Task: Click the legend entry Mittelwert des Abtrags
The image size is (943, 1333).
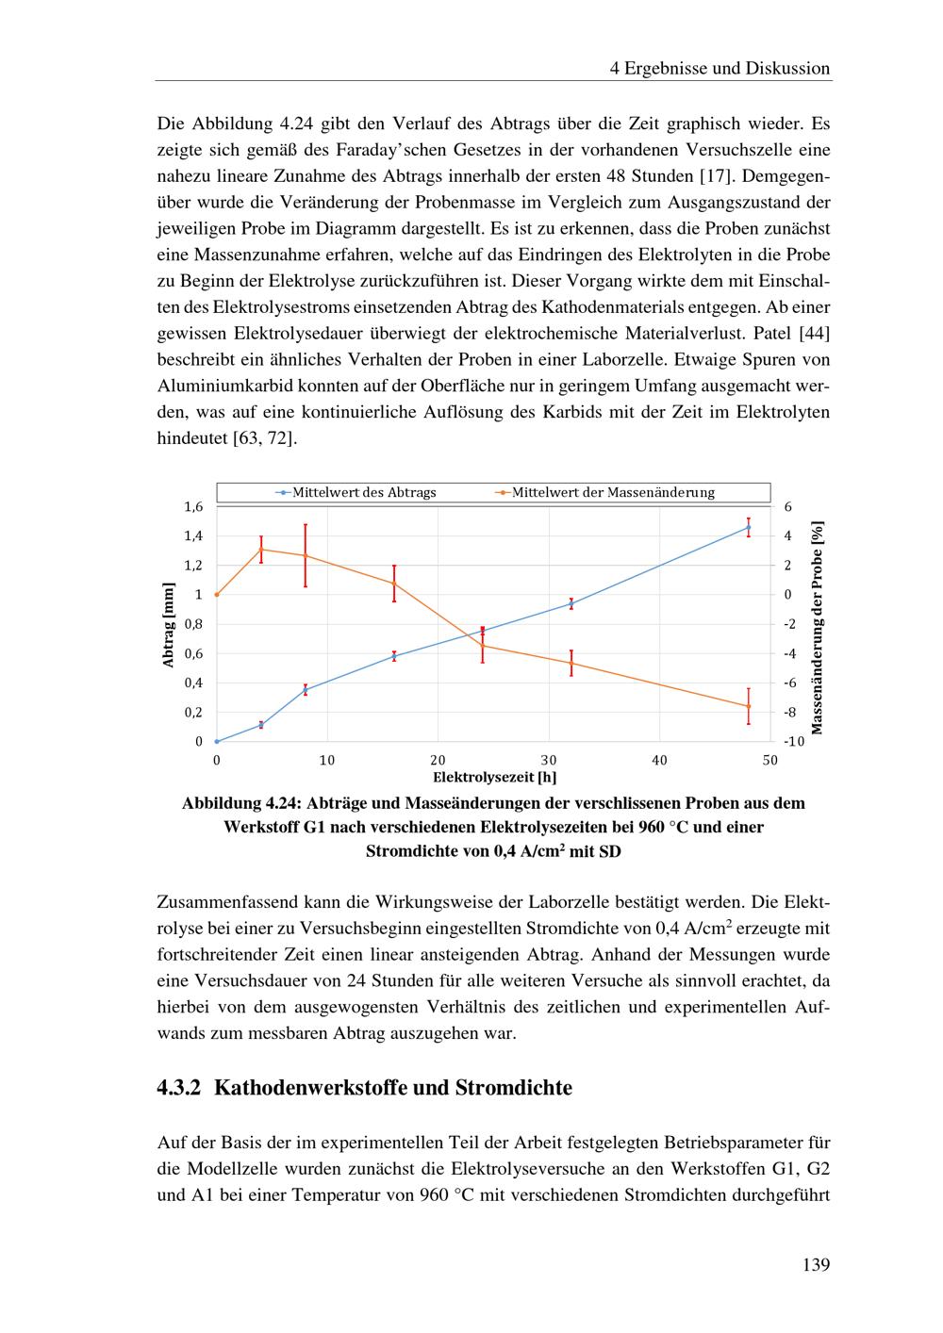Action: [x=364, y=492]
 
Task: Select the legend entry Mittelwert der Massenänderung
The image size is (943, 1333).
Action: [x=613, y=492]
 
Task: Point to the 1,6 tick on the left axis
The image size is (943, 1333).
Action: [x=193, y=507]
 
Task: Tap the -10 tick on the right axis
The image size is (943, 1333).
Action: [x=794, y=742]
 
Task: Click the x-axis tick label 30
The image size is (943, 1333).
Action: [x=549, y=760]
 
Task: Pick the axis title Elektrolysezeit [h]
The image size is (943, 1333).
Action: [x=494, y=778]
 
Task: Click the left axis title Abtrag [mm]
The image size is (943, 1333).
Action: [x=169, y=625]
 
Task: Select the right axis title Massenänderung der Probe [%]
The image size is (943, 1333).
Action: [x=818, y=628]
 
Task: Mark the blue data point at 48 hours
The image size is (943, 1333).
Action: [x=749, y=527]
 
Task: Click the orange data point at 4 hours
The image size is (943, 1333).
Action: [x=261, y=549]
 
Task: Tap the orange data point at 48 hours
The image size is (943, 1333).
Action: [x=749, y=706]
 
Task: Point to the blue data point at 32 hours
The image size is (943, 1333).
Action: [x=571, y=603]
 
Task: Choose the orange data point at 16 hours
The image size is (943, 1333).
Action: [x=394, y=584]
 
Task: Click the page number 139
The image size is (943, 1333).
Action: [x=816, y=1265]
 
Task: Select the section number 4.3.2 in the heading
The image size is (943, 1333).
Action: [x=179, y=1088]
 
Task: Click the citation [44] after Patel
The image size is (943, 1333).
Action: [x=814, y=334]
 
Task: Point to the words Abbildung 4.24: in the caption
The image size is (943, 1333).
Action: [x=240, y=804]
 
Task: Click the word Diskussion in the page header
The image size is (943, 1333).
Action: [x=788, y=68]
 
